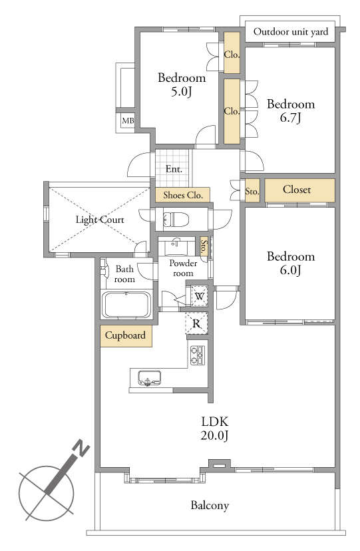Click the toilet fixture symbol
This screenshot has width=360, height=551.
pyautogui.click(x=176, y=220)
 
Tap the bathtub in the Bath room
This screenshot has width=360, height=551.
pyautogui.click(x=126, y=304)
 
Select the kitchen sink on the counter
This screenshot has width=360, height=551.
pyautogui.click(x=149, y=378)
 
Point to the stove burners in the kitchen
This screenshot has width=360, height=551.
pyautogui.click(x=198, y=355)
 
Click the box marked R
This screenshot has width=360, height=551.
pyautogui.click(x=197, y=323)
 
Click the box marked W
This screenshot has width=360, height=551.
pyautogui.click(x=199, y=296)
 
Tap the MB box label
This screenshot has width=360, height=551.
pyautogui.click(x=128, y=121)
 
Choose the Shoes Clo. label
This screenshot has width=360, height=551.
pyautogui.click(x=183, y=195)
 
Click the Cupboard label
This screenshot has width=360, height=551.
pyautogui.click(x=125, y=335)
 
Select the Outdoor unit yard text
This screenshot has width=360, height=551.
pyautogui.click(x=290, y=32)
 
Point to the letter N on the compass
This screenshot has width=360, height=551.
pyautogui.click(x=81, y=449)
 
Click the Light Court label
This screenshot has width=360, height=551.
pyautogui.click(x=100, y=220)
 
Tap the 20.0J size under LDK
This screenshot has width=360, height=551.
pyautogui.click(x=214, y=436)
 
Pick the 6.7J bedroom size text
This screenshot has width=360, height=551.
pyautogui.click(x=290, y=117)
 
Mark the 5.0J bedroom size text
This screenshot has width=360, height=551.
pyautogui.click(x=181, y=92)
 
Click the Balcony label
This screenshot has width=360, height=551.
pyautogui.click(x=210, y=505)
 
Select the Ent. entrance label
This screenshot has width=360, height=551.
pyautogui.click(x=174, y=169)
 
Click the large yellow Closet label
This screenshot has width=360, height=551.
pyautogui.click(x=297, y=190)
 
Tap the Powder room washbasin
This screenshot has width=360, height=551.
pyautogui.click(x=176, y=246)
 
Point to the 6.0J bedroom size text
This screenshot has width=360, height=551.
pyautogui.click(x=290, y=270)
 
